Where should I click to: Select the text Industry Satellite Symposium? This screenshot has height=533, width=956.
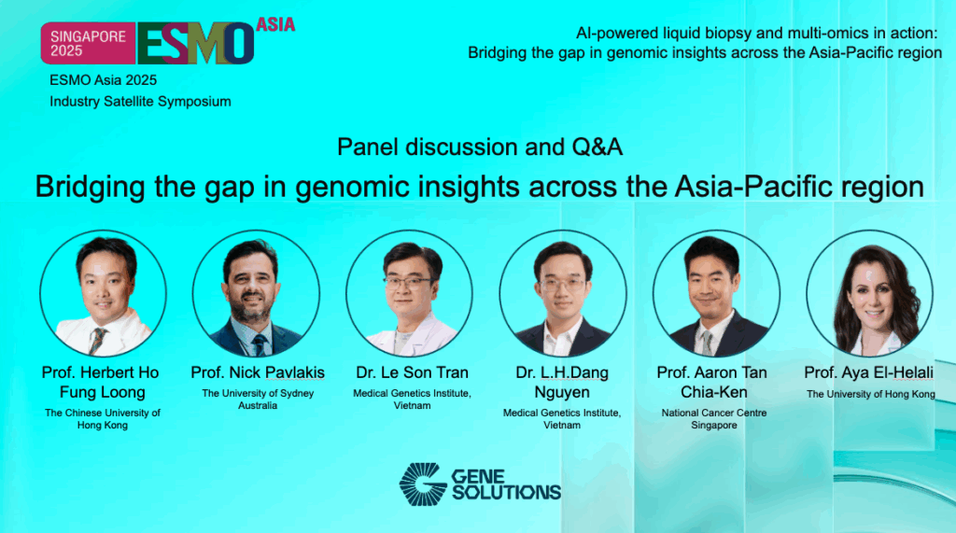(140, 101)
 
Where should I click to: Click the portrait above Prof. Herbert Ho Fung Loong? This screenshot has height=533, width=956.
(103, 292)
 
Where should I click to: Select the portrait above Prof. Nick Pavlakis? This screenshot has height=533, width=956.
(256, 292)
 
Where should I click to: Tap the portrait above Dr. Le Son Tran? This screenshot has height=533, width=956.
(409, 292)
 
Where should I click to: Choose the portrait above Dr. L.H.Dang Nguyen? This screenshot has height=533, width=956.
(562, 292)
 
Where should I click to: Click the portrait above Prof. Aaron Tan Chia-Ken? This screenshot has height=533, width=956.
(715, 292)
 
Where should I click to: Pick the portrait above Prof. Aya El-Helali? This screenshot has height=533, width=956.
(869, 292)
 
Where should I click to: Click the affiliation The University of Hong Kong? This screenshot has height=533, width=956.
(870, 395)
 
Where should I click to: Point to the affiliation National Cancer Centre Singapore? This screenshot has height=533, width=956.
(712, 418)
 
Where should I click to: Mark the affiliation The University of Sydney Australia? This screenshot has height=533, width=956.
(258, 400)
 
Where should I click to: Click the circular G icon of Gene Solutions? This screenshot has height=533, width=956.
(423, 483)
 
